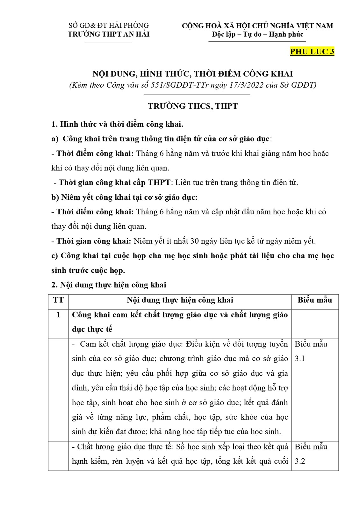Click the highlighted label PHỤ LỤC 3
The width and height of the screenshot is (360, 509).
[312, 52]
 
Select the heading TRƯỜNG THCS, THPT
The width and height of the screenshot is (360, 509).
[193, 106]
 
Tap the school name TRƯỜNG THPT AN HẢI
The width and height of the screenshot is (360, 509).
[109, 34]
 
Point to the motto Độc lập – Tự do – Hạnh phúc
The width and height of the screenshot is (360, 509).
[257, 34]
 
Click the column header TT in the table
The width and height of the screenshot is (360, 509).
[58, 300]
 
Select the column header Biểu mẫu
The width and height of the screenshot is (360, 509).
[315, 300]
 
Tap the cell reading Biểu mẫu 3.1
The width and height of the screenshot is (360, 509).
[311, 351]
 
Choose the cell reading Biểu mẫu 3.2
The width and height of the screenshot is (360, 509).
[311, 454]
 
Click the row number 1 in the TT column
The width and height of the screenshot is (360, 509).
[58, 315]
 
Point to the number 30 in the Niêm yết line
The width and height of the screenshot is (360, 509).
[195, 241]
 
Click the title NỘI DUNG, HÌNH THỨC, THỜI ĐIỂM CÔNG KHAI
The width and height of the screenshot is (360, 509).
[193, 74]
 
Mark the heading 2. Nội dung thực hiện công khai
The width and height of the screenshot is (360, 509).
[109, 285]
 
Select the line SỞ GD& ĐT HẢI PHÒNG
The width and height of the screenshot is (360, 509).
[109, 25]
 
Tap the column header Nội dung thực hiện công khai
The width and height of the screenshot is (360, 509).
[180, 300]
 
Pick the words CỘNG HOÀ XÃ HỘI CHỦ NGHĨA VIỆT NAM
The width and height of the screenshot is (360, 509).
[257, 26]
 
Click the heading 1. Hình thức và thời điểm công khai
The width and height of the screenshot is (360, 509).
[117, 124]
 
